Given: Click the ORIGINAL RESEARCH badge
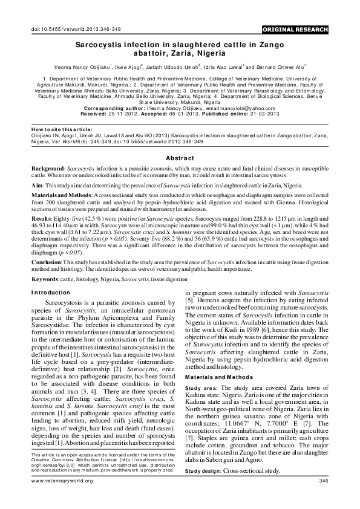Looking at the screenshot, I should pyautogui.click(x=296, y=29).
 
